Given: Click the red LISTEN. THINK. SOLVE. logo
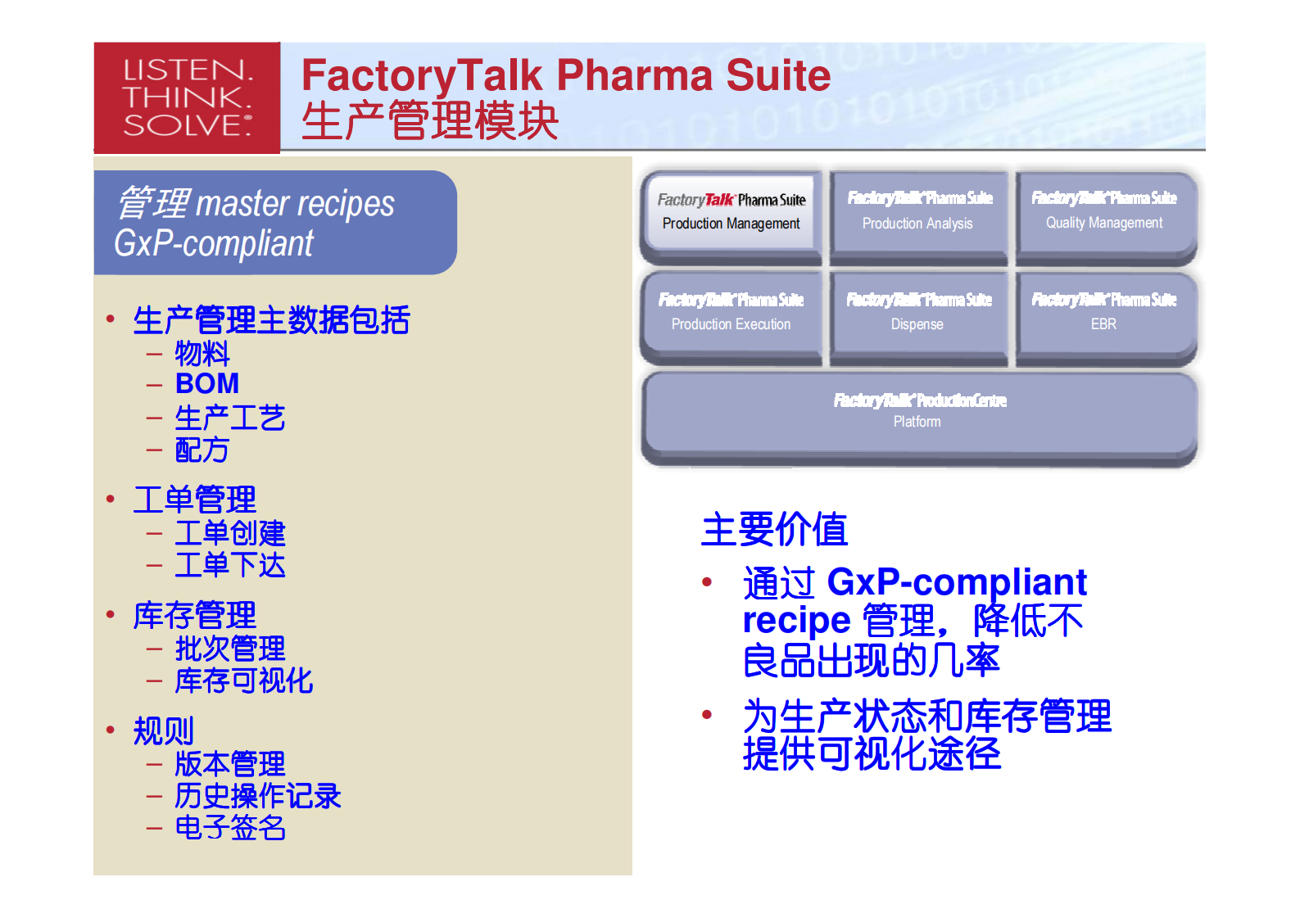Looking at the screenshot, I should point(187,97).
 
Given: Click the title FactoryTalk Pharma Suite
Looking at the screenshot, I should point(565,75).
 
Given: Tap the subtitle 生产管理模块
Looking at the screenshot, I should point(429,120).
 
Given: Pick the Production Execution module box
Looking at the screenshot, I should point(731,314).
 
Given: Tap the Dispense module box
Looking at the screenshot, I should point(917,314).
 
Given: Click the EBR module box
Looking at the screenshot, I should point(1103,314).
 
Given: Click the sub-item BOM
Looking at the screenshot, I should point(207,383).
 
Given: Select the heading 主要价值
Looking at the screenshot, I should point(774,529).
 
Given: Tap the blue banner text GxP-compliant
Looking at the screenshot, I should point(214,243).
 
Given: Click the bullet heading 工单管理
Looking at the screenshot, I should point(195,500).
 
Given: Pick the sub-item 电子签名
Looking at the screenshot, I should point(230,828).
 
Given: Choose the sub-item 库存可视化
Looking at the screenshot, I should point(243,681).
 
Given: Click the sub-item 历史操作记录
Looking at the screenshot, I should point(257,796).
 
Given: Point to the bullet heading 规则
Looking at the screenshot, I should point(164,730).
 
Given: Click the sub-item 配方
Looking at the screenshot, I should point(202,450).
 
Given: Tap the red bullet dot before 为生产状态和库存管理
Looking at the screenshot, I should point(707,715).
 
